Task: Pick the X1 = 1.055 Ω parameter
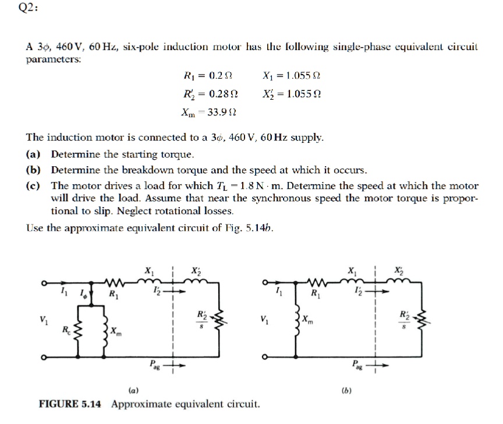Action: (292, 75)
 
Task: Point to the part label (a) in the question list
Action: (34, 155)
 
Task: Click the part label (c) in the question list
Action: (34, 186)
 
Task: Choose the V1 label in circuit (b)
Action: (266, 320)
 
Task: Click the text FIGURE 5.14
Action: (71, 404)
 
